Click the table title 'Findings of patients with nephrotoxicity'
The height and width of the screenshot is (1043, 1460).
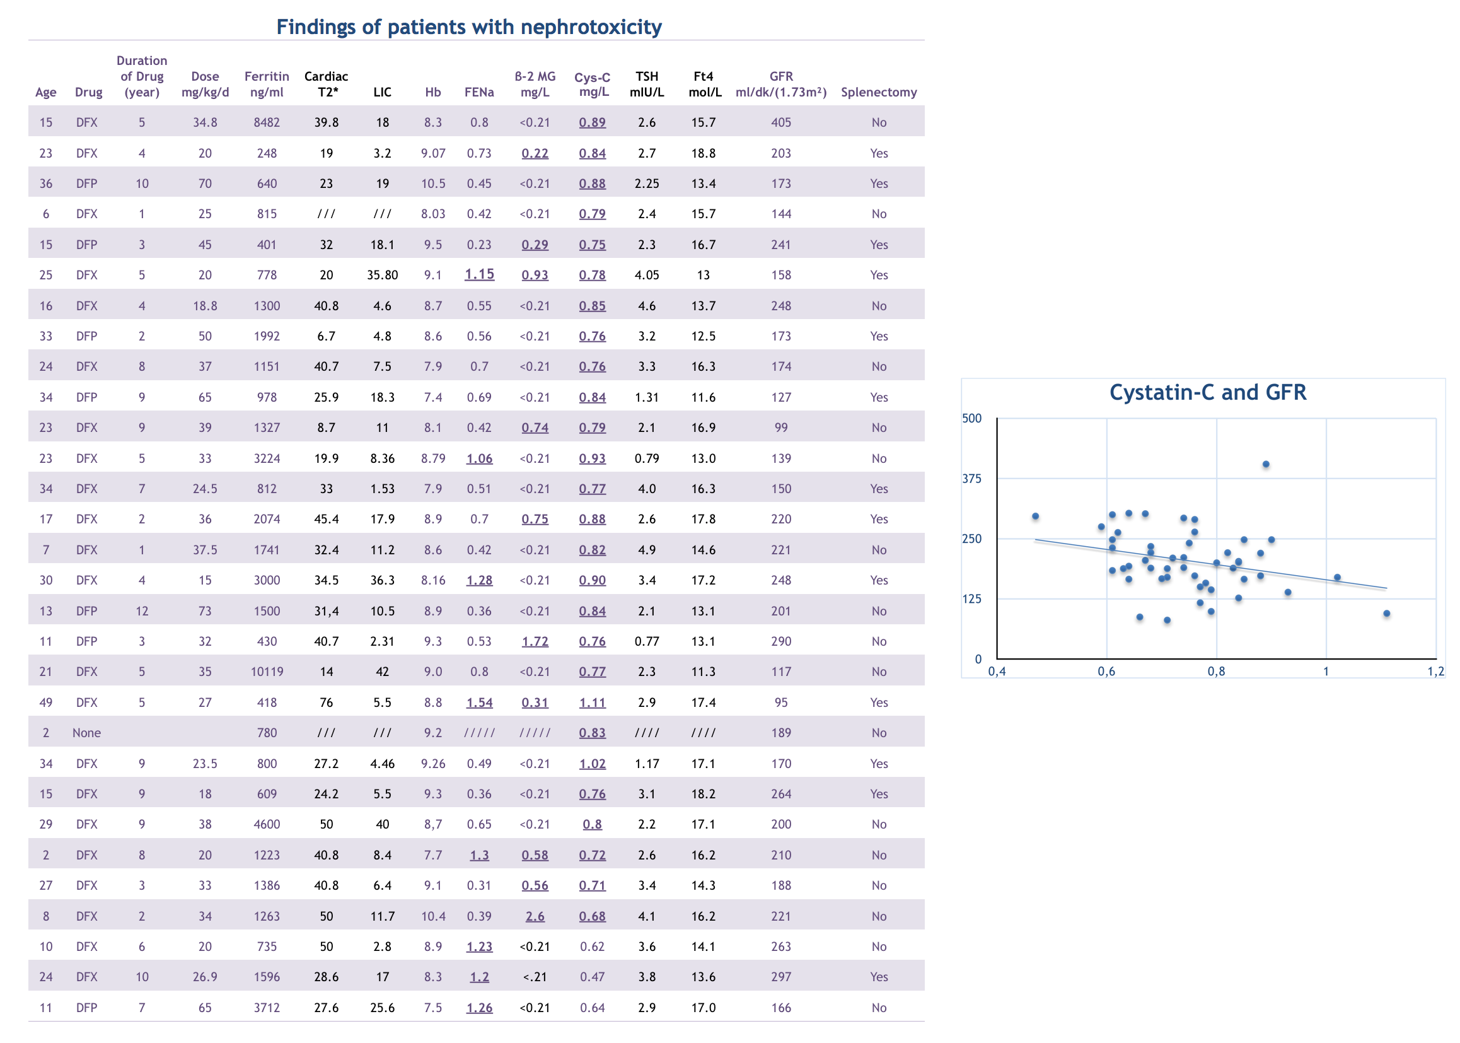[x=468, y=27]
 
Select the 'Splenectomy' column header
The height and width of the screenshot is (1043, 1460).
[x=878, y=92]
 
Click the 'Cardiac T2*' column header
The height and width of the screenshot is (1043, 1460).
[x=326, y=84]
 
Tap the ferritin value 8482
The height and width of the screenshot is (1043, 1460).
[x=267, y=122]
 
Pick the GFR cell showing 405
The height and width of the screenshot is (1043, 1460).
[x=780, y=122]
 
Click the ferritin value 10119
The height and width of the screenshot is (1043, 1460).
[x=267, y=672]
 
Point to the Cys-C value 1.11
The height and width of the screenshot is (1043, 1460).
[x=592, y=702]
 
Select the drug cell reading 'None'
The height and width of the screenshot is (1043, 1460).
[x=86, y=733]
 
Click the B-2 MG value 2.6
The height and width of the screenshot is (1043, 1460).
[x=535, y=916]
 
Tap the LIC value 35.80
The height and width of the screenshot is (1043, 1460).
[x=382, y=275]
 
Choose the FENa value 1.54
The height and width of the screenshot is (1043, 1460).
[x=479, y=702]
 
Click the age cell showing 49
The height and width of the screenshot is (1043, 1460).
[x=45, y=702]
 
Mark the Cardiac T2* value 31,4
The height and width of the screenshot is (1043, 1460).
[x=326, y=611]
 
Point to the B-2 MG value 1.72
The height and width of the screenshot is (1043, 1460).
[x=535, y=641]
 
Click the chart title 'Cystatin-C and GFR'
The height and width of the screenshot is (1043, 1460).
[x=1208, y=392]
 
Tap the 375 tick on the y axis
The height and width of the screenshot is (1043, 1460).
[x=971, y=479]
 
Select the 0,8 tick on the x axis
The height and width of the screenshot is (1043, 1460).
[x=1216, y=672]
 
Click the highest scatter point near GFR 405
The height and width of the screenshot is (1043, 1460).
[x=1266, y=464]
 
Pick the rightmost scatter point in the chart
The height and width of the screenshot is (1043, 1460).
[x=1387, y=614]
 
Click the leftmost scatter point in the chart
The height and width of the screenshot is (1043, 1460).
[x=1036, y=516]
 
